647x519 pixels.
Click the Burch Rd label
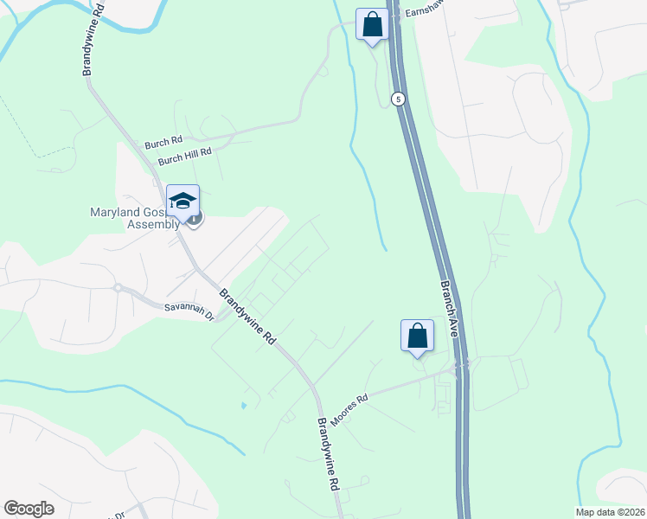coord(164,140)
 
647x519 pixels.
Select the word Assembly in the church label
coord(154,224)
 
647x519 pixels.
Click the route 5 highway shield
coord(397,99)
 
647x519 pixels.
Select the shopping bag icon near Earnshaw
coord(372,24)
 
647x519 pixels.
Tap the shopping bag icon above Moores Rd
coord(417,335)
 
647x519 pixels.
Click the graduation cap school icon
coord(183,201)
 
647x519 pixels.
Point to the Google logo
coord(29,508)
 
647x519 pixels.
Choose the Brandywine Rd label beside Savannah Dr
coord(247,317)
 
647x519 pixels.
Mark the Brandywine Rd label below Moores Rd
coord(328,455)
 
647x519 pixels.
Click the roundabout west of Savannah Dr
coord(116,287)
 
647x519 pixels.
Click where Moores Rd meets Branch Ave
coord(460,368)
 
